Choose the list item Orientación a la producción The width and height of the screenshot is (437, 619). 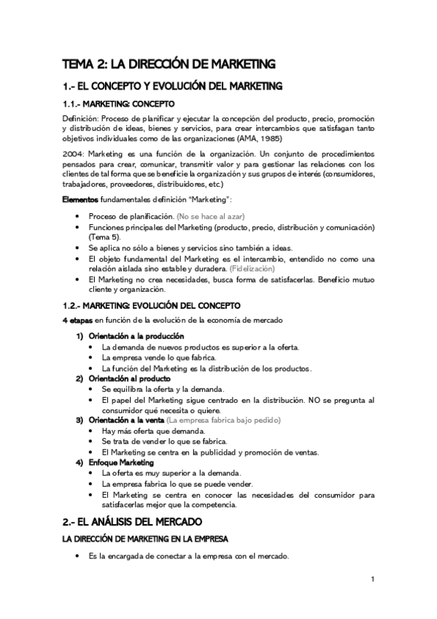(136, 336)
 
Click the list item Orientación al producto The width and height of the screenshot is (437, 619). (130, 379)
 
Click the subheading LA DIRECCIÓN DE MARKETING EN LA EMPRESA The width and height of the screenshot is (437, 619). (146, 539)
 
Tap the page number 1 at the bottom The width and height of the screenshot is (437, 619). (373, 580)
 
